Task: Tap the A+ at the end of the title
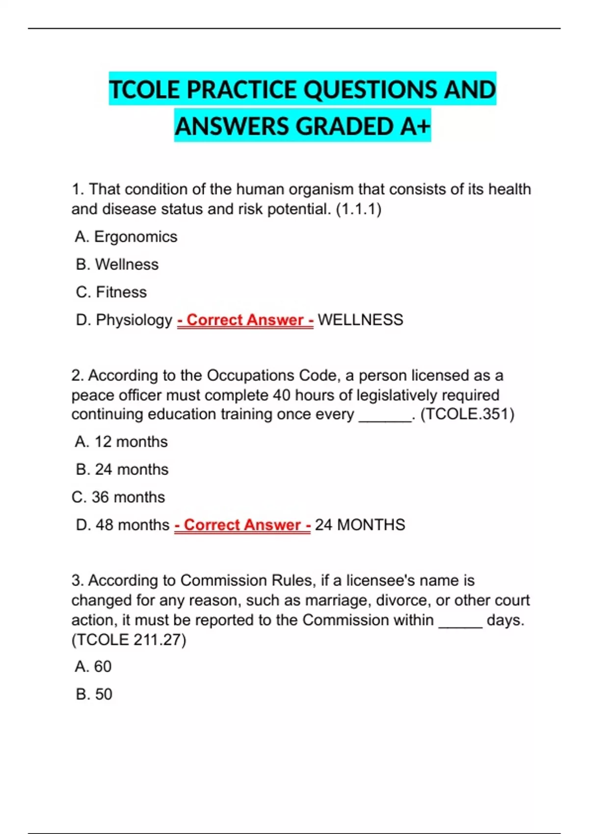tap(415, 126)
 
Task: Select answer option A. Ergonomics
tap(126, 237)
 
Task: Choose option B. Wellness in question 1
tap(117, 264)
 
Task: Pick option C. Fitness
tap(111, 292)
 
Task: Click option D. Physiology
tap(124, 320)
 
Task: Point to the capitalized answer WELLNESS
tap(360, 320)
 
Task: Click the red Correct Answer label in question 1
tap(245, 320)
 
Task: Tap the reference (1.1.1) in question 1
tap(359, 209)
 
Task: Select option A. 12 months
tap(121, 442)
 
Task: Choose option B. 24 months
tap(122, 469)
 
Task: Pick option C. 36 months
tap(118, 497)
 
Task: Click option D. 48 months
tap(123, 525)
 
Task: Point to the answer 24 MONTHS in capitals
tap(360, 525)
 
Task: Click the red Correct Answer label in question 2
tap(242, 525)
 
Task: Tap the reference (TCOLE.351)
tap(467, 414)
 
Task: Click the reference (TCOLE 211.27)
tap(129, 640)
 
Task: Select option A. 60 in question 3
tap(93, 666)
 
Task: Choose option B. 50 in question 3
tap(94, 694)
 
